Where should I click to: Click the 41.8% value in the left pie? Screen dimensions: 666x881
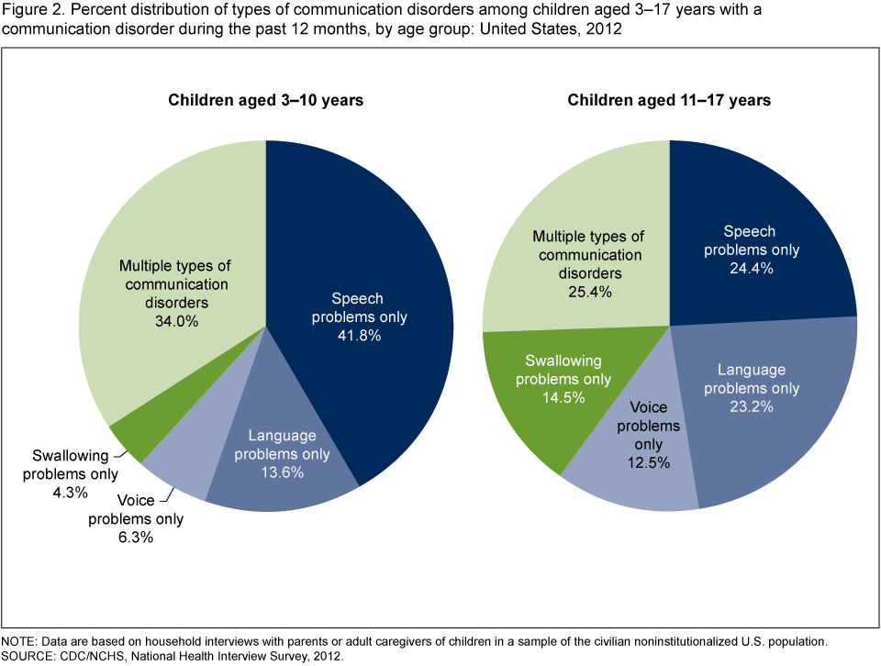pyautogui.click(x=358, y=336)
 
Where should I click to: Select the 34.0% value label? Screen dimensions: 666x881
pyautogui.click(x=174, y=322)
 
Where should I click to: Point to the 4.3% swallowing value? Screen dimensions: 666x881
pyautogui.click(x=70, y=493)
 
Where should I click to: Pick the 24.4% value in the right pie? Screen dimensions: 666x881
pyautogui.click(x=762, y=269)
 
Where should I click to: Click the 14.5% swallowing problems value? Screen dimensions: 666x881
pyautogui.click(x=563, y=398)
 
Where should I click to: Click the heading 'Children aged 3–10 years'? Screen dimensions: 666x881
pyautogui.click(x=265, y=100)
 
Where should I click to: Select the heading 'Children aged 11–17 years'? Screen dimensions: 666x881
pyautogui.click(x=669, y=100)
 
